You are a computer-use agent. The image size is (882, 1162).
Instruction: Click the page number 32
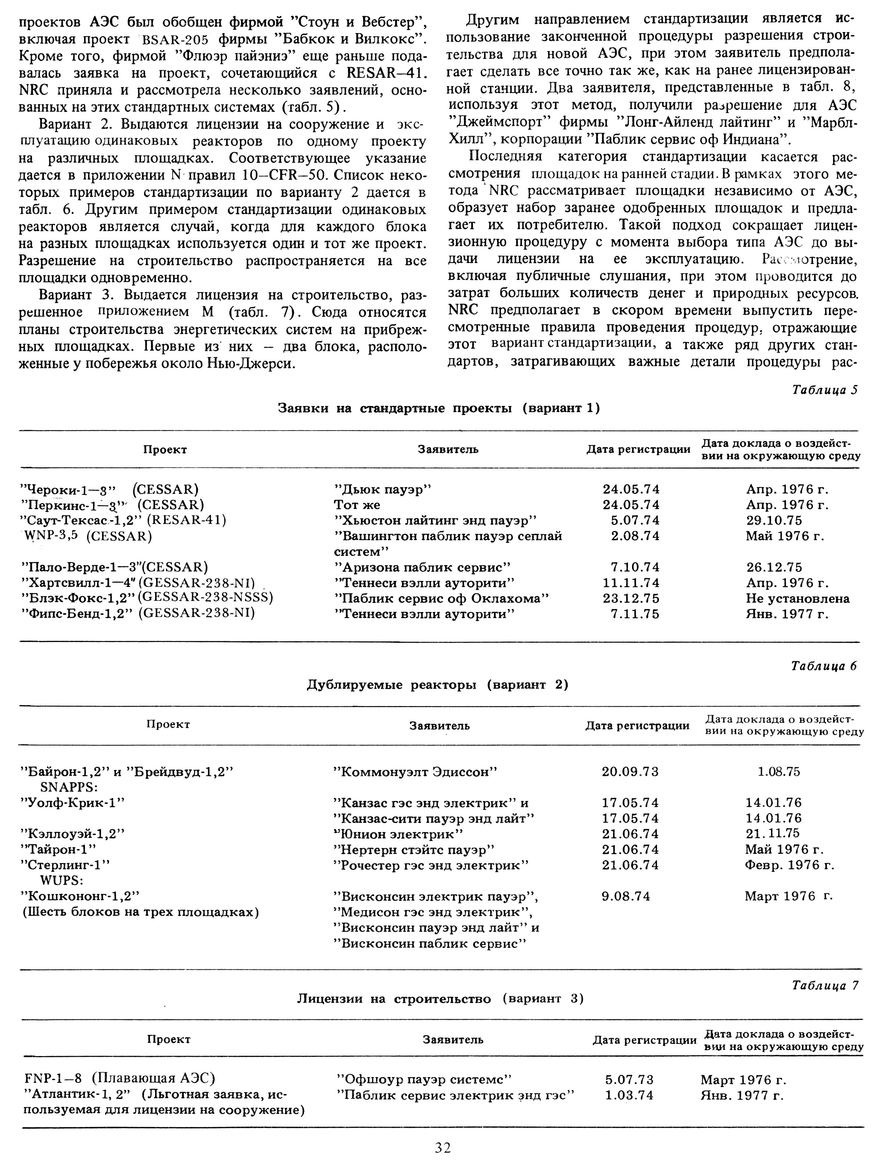(x=442, y=1147)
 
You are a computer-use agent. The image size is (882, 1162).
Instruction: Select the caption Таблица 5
(x=824, y=390)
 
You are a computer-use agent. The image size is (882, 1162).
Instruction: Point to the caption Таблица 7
(x=824, y=985)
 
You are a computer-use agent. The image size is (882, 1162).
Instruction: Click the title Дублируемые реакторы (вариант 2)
(x=437, y=685)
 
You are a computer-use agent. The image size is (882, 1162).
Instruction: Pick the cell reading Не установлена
(x=797, y=598)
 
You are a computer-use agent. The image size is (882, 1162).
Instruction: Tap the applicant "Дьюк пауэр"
(x=382, y=489)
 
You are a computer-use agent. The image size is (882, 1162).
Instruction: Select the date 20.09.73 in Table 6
(x=630, y=771)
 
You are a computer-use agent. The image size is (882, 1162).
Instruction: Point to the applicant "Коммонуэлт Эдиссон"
(x=415, y=771)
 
